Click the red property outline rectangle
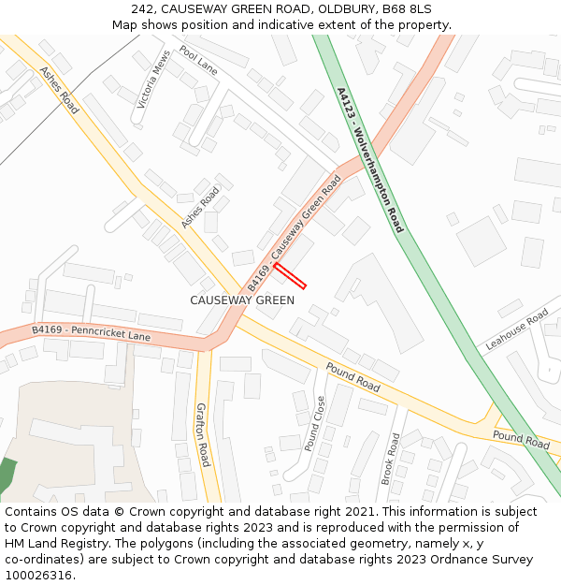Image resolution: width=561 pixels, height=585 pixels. click(x=290, y=276)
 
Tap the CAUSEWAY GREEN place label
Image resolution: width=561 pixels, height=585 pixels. click(x=242, y=300)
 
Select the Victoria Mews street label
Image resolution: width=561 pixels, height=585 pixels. click(x=154, y=79)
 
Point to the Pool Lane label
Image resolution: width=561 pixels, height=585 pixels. click(x=198, y=61)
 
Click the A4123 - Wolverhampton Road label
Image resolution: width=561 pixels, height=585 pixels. click(x=369, y=159)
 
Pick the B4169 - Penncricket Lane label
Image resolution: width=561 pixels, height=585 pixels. click(x=91, y=332)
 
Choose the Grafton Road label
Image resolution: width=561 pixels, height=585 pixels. click(x=202, y=434)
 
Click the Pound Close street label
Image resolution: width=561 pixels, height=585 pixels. click(x=315, y=423)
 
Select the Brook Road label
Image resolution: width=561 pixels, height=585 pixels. click(x=390, y=458)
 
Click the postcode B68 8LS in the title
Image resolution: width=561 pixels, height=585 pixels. click(x=407, y=9)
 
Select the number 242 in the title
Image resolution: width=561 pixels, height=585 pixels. click(x=143, y=9)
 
